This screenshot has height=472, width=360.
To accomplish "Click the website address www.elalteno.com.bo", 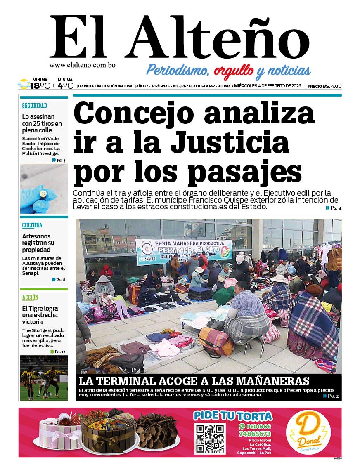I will pyautogui.click(x=82, y=65).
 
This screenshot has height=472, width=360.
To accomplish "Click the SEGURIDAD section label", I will pyautogui.click(x=35, y=106).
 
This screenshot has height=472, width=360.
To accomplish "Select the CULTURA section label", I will pyautogui.click(x=32, y=226).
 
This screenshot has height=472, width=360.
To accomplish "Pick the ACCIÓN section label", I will pyautogui.click(x=30, y=297).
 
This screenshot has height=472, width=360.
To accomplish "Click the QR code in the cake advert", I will pyautogui.click(x=210, y=439).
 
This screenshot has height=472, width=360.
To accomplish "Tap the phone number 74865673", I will pyautogui.click(x=255, y=434).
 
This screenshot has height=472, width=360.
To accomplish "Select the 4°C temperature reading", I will pyautogui.click(x=65, y=86).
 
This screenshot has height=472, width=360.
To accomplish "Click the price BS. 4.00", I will pyautogui.click(x=332, y=86).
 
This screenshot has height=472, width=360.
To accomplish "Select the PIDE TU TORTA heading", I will pyautogui.click(x=233, y=415).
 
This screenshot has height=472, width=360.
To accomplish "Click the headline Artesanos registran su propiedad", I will pyautogui.click(x=38, y=243).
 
